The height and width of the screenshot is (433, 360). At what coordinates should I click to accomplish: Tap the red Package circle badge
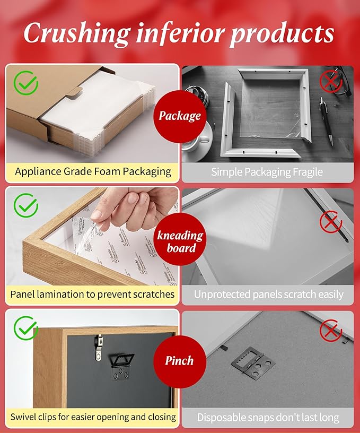(x=179, y=116)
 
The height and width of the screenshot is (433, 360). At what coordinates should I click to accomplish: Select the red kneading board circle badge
(x=179, y=241)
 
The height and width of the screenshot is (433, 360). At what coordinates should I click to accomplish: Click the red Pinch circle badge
(x=179, y=361)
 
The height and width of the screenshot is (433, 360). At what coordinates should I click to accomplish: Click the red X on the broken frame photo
(x=331, y=81)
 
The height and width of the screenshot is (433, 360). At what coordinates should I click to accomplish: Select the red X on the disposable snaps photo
(x=331, y=332)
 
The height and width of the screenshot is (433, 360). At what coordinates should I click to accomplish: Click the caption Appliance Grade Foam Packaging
(x=93, y=171)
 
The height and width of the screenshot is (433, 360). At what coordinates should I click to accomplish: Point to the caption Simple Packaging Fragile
(x=267, y=172)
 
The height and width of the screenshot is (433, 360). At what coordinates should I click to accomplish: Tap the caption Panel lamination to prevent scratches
(x=92, y=294)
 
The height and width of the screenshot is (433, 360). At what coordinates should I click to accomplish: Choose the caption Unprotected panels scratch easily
(x=268, y=295)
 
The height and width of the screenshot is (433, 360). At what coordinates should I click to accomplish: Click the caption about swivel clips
(x=93, y=417)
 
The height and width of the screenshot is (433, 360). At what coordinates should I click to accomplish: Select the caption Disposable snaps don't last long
(x=268, y=418)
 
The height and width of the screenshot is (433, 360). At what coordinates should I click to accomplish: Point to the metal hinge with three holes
(x=252, y=360)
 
